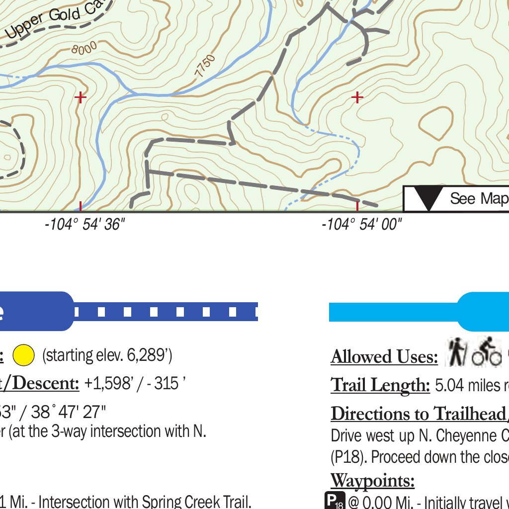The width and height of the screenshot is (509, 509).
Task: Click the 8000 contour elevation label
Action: (84, 48)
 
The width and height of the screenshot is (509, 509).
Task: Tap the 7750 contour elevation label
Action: (205, 66)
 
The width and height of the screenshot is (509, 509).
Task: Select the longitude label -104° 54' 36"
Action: (84, 225)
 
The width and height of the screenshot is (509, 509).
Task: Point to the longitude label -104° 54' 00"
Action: (361, 225)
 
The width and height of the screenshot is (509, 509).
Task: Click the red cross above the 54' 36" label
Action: (80, 97)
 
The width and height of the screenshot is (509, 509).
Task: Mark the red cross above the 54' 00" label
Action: (357, 97)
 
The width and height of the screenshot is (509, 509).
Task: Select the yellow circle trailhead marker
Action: (23, 355)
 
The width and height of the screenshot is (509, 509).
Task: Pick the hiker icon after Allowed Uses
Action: (455, 353)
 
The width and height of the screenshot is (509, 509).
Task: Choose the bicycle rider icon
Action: (487, 353)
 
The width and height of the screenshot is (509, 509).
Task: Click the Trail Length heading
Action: (380, 385)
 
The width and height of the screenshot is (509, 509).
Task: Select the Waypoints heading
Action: (372, 481)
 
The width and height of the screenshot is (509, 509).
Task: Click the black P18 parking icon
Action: (334, 501)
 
